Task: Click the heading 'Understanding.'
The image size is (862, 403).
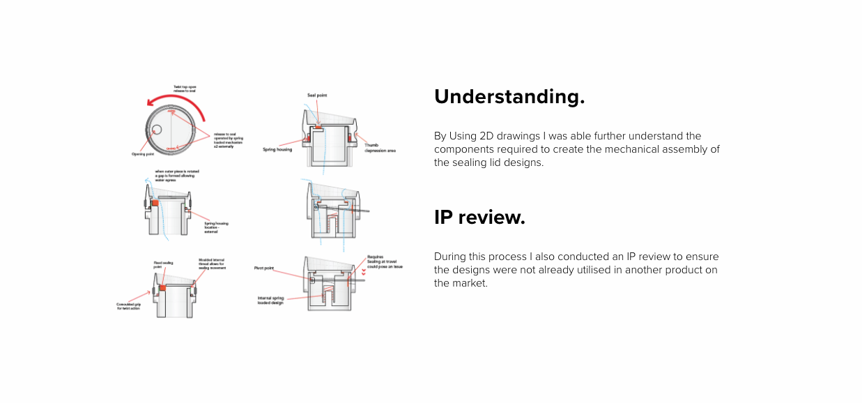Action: coord(509,97)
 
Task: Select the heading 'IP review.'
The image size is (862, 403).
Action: coord(479,218)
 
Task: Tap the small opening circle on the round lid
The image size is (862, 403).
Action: coord(157,129)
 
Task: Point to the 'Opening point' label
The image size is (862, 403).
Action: coord(143,154)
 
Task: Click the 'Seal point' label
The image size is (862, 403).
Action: coord(318,95)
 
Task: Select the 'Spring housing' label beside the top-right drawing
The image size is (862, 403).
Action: coord(277,149)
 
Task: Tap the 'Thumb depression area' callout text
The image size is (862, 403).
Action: coord(380,148)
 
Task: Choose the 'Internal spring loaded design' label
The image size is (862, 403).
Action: coord(270,301)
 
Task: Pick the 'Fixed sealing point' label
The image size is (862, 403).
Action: coord(163,265)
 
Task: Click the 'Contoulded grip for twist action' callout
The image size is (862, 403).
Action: coord(130,306)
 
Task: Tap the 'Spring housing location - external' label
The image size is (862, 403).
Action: coord(215,227)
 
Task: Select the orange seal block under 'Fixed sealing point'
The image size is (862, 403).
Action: coord(162,287)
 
